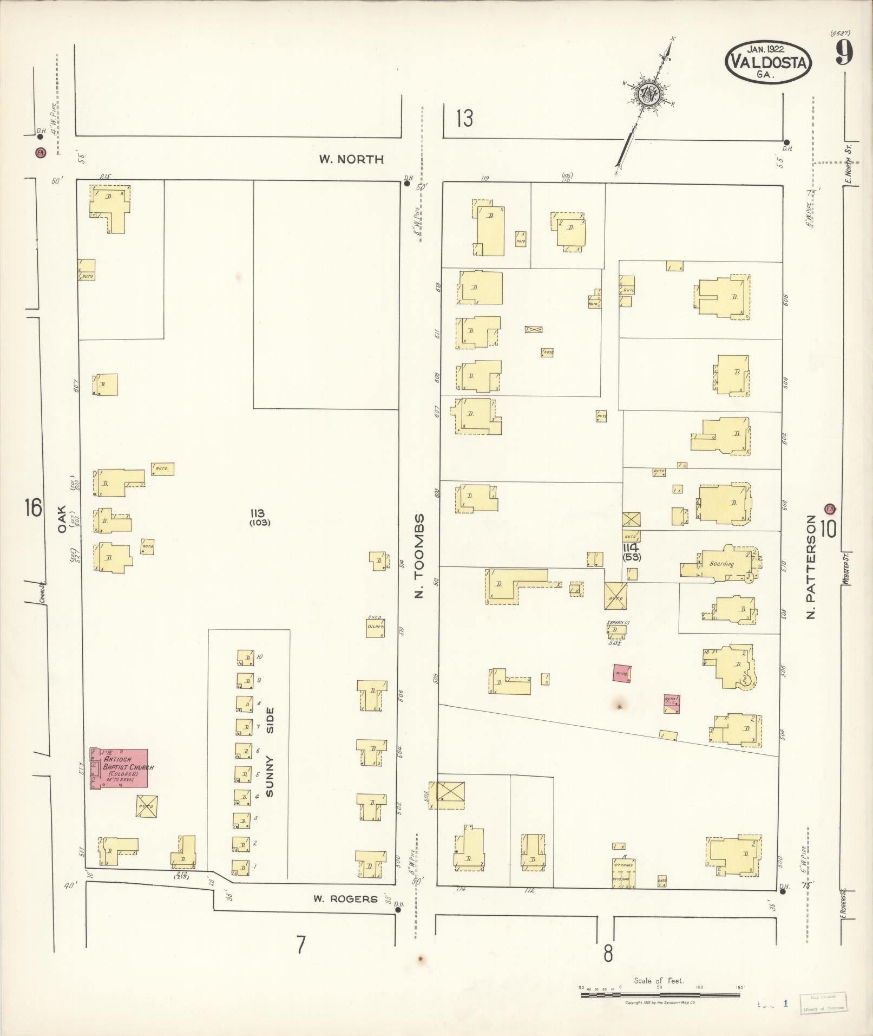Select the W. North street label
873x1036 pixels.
[351, 159]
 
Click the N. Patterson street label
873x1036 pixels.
[811, 566]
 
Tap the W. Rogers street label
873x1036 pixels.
[345, 899]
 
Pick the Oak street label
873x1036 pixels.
[61, 519]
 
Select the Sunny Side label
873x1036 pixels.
[271, 752]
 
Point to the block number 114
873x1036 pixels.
[631, 548]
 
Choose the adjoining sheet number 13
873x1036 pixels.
[464, 118]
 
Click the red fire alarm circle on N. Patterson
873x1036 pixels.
[830, 509]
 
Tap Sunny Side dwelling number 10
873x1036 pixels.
[246, 657]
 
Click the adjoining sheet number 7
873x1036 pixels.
[301, 945]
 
